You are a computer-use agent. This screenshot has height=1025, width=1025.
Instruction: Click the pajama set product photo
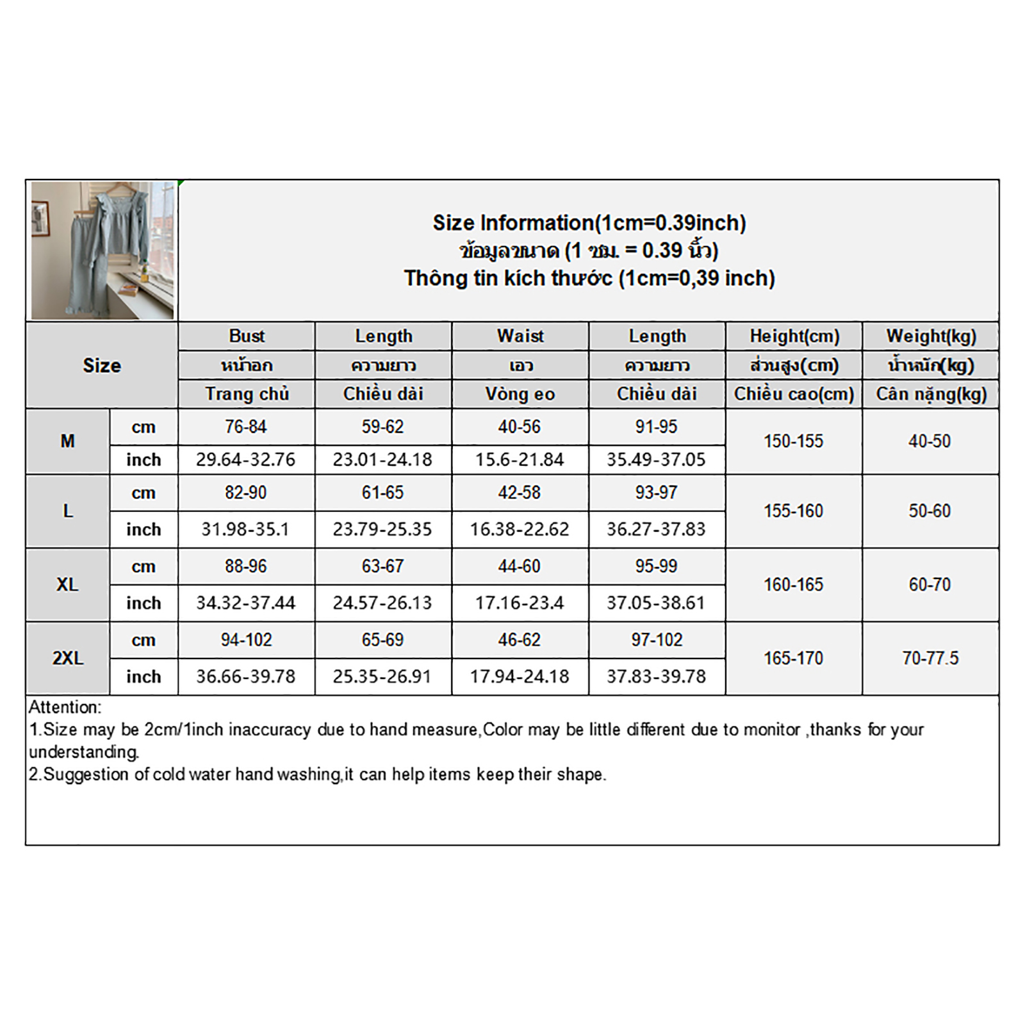[x=102, y=250]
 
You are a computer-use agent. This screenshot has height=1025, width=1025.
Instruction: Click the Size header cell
[x=102, y=365]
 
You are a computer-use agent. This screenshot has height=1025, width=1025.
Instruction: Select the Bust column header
[x=247, y=336]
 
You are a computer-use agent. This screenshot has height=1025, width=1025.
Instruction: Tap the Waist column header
[x=520, y=336]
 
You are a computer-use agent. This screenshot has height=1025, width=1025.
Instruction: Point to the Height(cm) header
[x=794, y=336]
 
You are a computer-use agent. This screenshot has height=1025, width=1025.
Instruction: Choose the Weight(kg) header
[x=931, y=336]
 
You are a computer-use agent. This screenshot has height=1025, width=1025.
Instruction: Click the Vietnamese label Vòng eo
[x=520, y=394]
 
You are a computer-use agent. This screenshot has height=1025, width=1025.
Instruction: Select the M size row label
[x=67, y=441]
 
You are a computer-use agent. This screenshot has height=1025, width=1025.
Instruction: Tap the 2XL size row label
[x=67, y=658]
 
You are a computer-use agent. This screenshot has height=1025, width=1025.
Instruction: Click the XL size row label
[x=67, y=584]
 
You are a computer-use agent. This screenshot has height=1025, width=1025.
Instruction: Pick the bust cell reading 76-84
[x=246, y=427]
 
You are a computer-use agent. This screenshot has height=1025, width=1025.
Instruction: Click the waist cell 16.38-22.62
[x=520, y=529]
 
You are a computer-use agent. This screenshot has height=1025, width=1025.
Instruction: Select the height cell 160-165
[x=793, y=584]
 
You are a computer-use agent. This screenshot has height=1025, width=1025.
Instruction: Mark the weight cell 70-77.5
[x=930, y=658]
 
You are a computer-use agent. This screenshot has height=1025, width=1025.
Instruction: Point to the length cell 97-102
[x=657, y=639]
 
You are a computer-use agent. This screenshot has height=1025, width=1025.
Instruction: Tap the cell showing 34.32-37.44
[x=246, y=603]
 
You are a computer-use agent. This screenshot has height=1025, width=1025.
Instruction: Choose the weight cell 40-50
[x=930, y=441]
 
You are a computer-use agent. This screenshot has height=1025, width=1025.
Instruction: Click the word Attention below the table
[x=65, y=707]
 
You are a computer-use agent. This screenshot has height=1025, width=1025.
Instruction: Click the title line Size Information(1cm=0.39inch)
[x=589, y=223]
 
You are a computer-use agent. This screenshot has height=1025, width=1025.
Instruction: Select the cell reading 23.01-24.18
[x=382, y=459]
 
